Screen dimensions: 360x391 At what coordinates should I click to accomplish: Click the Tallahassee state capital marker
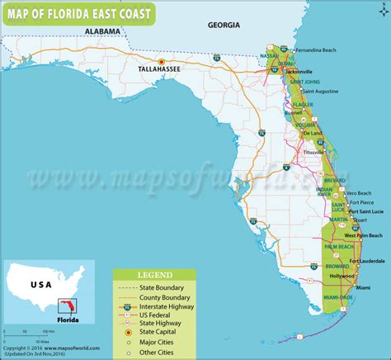pos(162,62)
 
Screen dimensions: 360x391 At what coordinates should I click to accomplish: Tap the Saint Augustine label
pos(322,102)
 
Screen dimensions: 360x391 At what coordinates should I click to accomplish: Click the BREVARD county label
pos(335,180)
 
